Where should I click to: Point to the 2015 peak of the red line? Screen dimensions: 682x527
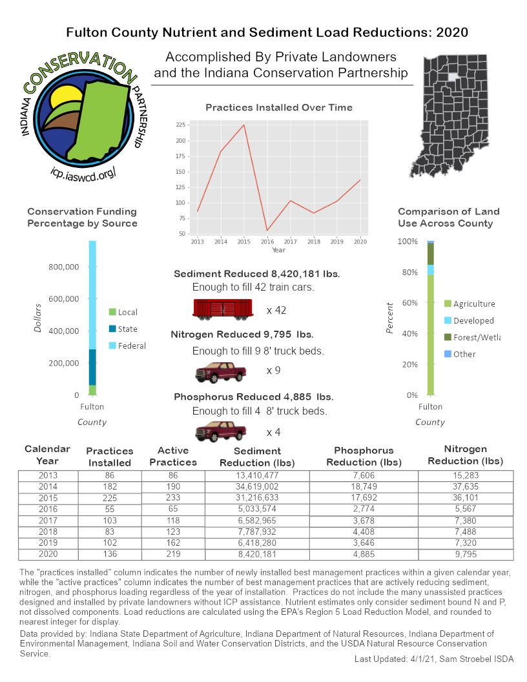click(x=244, y=125)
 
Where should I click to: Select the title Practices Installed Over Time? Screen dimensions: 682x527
click(x=279, y=107)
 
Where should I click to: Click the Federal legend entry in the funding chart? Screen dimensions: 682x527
click(x=132, y=346)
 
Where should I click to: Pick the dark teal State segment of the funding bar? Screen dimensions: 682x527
click(x=92, y=367)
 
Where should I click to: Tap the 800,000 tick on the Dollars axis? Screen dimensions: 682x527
click(x=63, y=267)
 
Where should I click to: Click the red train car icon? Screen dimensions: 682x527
click(x=223, y=310)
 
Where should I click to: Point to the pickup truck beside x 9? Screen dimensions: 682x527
click(x=221, y=371)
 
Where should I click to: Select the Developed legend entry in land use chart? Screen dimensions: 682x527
click(x=473, y=320)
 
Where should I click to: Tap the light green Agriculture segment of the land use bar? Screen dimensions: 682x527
click(x=430, y=336)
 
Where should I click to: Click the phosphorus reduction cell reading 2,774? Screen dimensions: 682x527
click(x=364, y=509)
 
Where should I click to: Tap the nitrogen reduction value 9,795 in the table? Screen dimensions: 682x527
click(x=466, y=555)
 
